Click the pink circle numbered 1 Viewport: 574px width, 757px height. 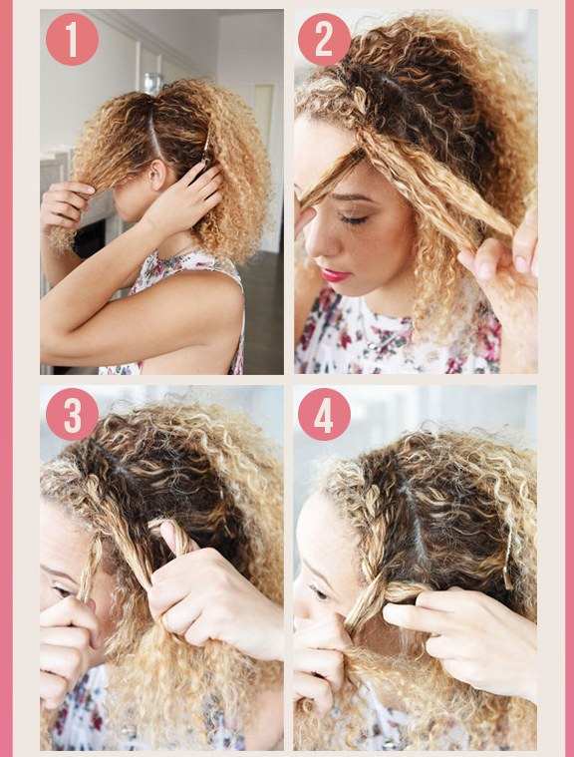(x=72, y=39)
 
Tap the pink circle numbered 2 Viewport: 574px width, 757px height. (x=324, y=39)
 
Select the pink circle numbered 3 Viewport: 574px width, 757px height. (x=72, y=414)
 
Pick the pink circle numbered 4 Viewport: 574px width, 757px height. (x=324, y=414)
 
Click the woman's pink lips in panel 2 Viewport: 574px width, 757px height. (x=334, y=275)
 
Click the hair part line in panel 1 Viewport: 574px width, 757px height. (x=154, y=131)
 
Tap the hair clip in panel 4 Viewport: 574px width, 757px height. (x=506, y=565)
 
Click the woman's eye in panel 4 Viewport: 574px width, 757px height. (x=318, y=592)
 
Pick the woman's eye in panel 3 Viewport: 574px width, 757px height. (x=63, y=590)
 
